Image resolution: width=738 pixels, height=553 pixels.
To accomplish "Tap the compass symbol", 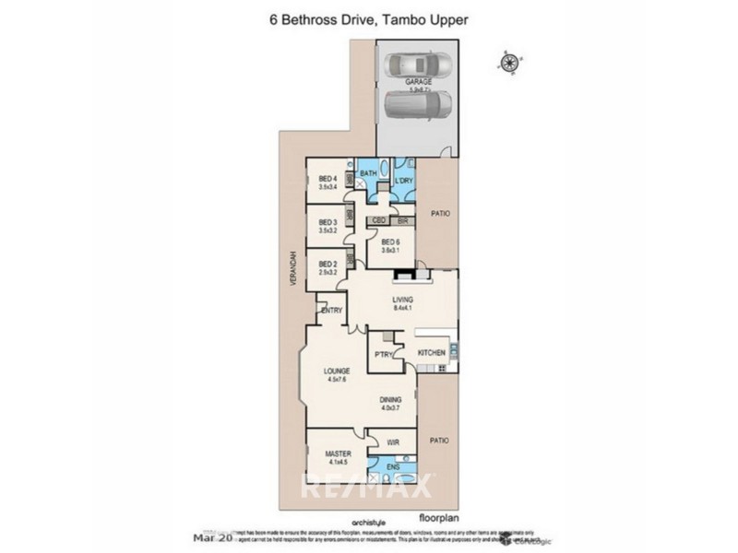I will point(508,63).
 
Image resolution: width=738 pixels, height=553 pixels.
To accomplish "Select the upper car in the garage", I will point(419,66).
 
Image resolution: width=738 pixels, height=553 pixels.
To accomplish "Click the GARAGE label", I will point(419,82).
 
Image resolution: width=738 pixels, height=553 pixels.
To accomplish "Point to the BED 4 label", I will point(327,179).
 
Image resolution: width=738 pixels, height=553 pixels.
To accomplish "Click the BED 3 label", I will point(327,222).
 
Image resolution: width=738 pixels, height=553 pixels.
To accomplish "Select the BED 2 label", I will point(327,263).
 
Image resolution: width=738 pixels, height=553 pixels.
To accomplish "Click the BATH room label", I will point(368,173).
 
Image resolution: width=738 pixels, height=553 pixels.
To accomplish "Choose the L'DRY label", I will point(403,180).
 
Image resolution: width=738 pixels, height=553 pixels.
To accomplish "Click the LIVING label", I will point(401,300).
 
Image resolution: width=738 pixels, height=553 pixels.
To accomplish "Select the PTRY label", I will point(385,354).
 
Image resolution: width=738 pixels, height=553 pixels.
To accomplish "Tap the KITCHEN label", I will point(432,353).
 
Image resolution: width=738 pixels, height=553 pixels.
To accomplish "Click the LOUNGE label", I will point(336,372).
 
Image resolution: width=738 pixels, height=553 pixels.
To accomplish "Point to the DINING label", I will point(390,400).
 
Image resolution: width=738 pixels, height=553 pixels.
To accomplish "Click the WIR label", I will point(391,443).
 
